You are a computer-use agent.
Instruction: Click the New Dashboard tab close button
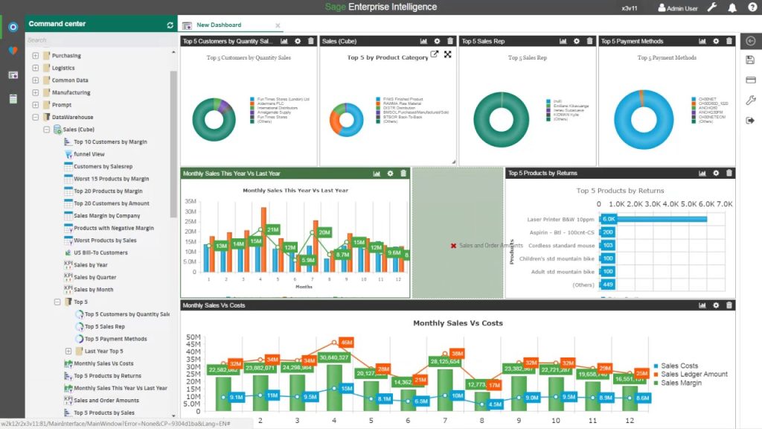pyautogui.click(x=278, y=25)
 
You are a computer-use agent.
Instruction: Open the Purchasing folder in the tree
pyautogui.click(x=66, y=56)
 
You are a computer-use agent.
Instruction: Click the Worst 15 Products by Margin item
pyautogui.click(x=111, y=179)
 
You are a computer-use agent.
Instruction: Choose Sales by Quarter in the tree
pyautogui.click(x=95, y=277)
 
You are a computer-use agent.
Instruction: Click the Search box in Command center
pyautogui.click(x=97, y=40)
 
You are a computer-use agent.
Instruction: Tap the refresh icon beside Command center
pyautogui.click(x=170, y=25)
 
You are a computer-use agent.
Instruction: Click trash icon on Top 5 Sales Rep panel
pyautogui.click(x=590, y=41)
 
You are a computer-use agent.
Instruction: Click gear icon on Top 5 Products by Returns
pyautogui.click(x=716, y=174)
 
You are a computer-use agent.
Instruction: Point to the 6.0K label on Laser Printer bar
pyautogui.click(x=609, y=219)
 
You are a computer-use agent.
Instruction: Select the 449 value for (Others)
pyautogui.click(x=608, y=285)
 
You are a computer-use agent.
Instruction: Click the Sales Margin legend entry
pyautogui.click(x=680, y=383)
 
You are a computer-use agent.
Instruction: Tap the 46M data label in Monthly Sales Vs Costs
pyautogui.click(x=345, y=343)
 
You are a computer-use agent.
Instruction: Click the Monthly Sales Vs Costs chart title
pyautogui.click(x=458, y=323)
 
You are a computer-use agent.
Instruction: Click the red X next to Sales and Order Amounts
pyautogui.click(x=453, y=245)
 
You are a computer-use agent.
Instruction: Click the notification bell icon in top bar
pyautogui.click(x=732, y=8)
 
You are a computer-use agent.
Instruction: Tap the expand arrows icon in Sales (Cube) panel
pyautogui.click(x=448, y=54)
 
